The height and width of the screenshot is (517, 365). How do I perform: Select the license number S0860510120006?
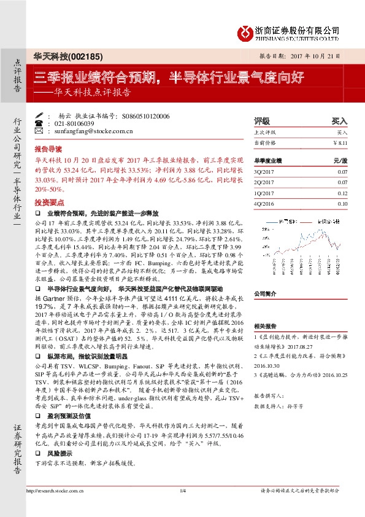click(x=146, y=115)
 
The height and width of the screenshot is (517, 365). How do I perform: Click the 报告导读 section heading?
click(x=48, y=149)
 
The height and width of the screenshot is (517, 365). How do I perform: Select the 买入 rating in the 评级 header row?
click(x=339, y=122)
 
